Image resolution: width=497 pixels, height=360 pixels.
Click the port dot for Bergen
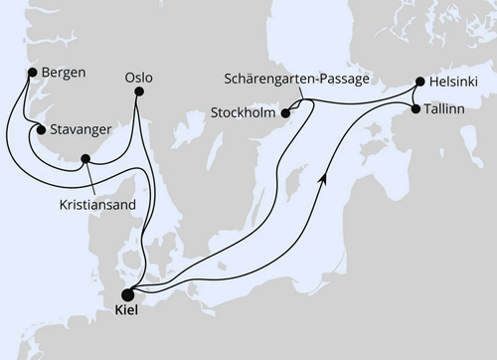(33, 73)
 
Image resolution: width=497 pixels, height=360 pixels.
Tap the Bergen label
(64, 73)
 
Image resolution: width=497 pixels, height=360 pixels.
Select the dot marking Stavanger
(40, 129)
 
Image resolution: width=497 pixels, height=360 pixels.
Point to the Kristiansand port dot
(85, 158)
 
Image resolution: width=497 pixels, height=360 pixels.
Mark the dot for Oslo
(138, 92)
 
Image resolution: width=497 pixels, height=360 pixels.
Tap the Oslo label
(139, 76)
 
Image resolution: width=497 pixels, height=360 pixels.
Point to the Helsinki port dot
(419, 83)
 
